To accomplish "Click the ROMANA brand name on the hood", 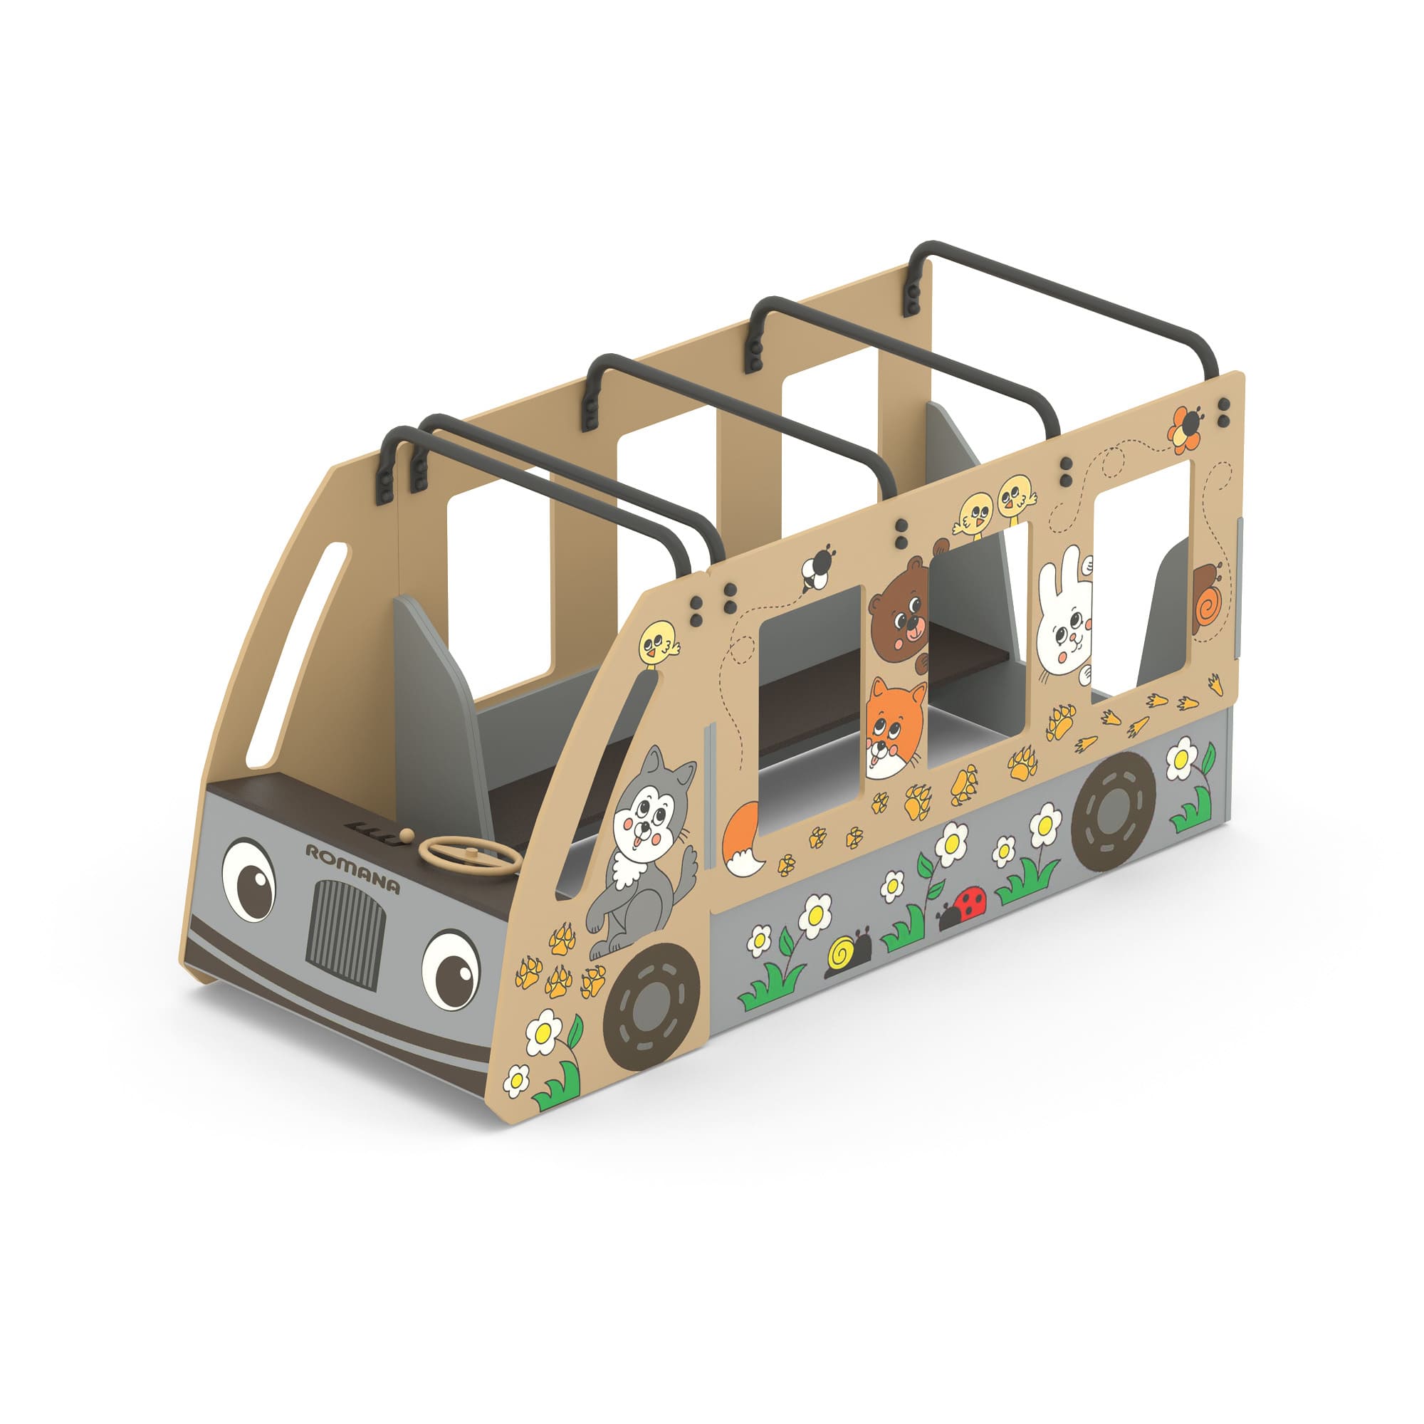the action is pyautogui.click(x=353, y=869).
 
